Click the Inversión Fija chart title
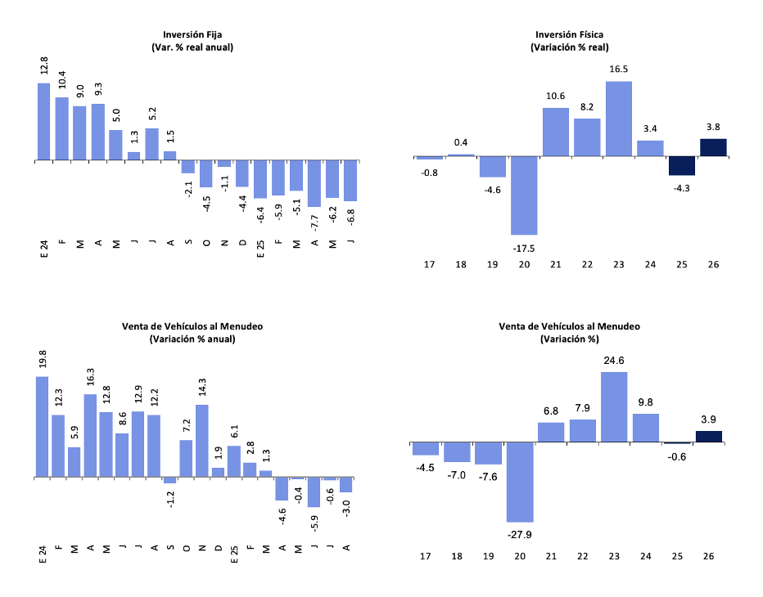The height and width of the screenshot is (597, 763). pyautogui.click(x=192, y=35)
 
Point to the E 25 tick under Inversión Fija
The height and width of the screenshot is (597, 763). pyautogui.click(x=261, y=249)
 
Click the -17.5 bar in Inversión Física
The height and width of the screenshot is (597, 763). pyautogui.click(x=525, y=195)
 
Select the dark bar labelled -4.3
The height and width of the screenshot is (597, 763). pyautogui.click(x=682, y=165)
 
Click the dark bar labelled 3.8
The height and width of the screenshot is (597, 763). pyautogui.click(x=714, y=147)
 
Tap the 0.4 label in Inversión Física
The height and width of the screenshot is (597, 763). pyautogui.click(x=461, y=143)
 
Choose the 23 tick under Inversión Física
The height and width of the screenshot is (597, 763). pyautogui.click(x=619, y=264)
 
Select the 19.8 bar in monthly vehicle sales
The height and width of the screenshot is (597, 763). pyautogui.click(x=43, y=426)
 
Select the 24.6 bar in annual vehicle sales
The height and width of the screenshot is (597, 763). pyautogui.click(x=614, y=407)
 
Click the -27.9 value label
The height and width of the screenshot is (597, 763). pyautogui.click(x=521, y=533)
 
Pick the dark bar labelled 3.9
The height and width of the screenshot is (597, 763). pyautogui.click(x=709, y=437)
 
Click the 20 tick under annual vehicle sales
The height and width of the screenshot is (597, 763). pyautogui.click(x=520, y=556)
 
